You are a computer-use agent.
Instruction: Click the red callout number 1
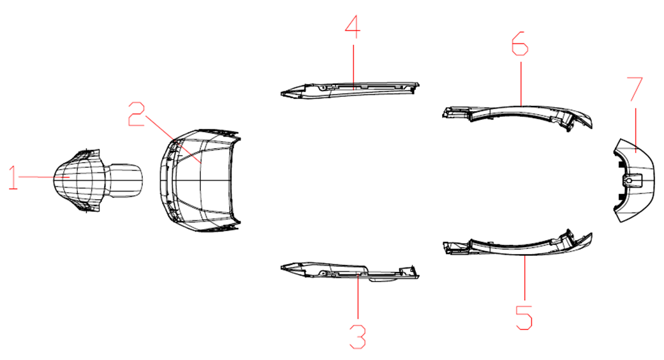tap(13, 178)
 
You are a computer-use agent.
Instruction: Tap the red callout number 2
tap(136, 114)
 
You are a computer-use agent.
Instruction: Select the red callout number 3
tap(358, 337)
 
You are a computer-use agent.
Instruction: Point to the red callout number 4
tap(352, 27)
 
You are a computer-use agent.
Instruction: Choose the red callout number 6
tap(520, 43)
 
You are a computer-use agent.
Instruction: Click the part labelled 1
tap(98, 181)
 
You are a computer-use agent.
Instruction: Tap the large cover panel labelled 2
tap(200, 181)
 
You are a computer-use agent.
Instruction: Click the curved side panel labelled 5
tap(517, 246)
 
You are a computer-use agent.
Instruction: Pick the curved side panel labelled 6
tap(517, 114)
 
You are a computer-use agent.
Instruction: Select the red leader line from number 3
tap(358, 296)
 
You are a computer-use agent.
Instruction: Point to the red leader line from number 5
tap(525, 278)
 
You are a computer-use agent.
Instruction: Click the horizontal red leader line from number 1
tap(44, 177)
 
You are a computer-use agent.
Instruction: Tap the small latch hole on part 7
tap(630, 181)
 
